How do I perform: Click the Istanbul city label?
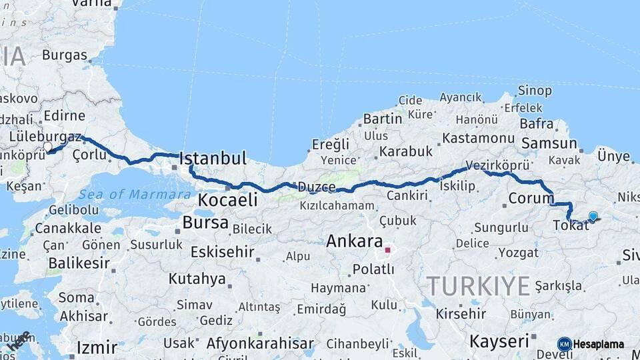coord(213,159)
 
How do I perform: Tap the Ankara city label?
coord(354,241)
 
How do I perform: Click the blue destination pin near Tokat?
coord(593,216)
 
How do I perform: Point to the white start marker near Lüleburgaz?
coord(47,147)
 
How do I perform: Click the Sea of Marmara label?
coord(135,195)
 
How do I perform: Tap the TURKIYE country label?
coord(479,286)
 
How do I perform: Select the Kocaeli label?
coord(227,199)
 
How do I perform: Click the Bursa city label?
coord(205,223)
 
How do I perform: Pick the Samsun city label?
coord(549,143)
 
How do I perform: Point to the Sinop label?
coord(535,91)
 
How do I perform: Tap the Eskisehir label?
coord(223,252)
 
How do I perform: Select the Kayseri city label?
coord(499,341)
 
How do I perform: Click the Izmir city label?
coord(97,347)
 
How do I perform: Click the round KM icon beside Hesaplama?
coord(564,344)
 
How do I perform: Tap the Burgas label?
coord(65,55)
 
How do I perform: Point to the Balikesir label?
coord(79,263)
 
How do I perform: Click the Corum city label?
coord(531,198)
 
